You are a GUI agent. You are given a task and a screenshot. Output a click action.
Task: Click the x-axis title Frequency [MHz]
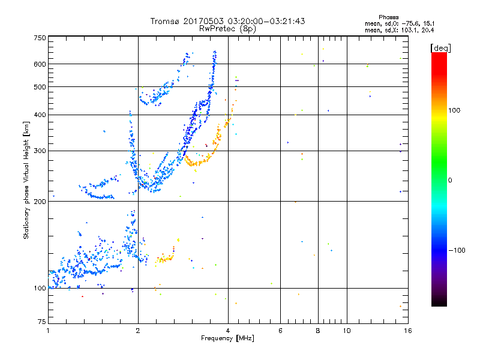227,338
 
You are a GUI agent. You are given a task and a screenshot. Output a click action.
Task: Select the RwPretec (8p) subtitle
227,28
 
